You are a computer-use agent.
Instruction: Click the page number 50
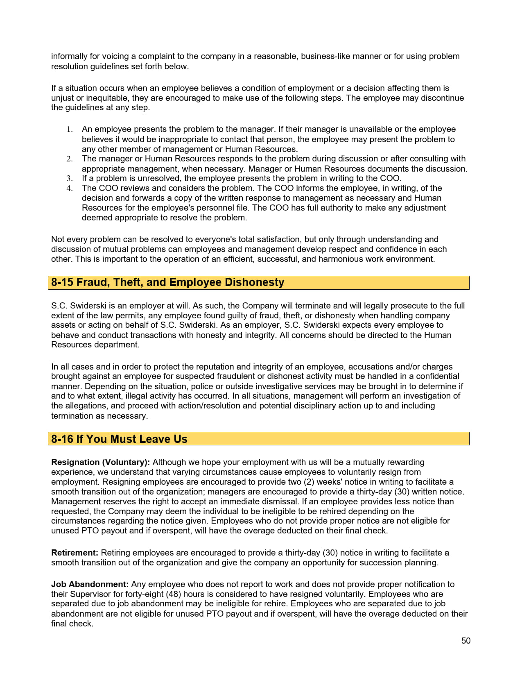pos(466,641)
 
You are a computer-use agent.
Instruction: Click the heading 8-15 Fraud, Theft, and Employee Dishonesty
pos(167,282)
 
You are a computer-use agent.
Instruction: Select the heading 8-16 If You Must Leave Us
pos(119,439)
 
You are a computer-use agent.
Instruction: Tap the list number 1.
pos(70,129)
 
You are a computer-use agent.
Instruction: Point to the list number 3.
pos(70,179)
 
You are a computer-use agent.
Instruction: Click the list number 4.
pos(70,188)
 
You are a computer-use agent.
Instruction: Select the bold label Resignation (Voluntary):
pos(100,462)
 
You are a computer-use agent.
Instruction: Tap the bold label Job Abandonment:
pos(90,584)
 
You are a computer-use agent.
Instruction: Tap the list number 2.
pos(70,159)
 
